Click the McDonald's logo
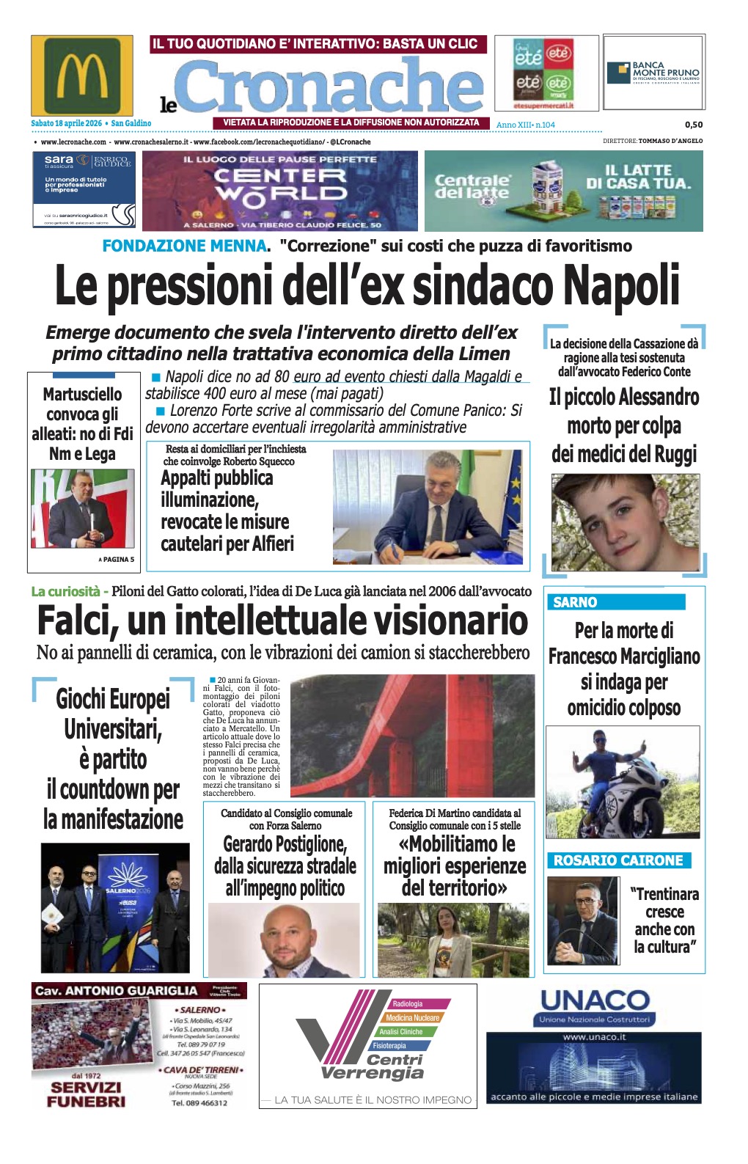point(82,76)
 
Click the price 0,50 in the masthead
point(693,125)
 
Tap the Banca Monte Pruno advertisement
point(653,73)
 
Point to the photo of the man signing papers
point(428,506)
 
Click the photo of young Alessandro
point(625,522)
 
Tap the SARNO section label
point(575,602)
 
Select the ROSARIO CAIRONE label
point(618,860)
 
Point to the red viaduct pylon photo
point(412,736)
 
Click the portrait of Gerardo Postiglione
point(285,940)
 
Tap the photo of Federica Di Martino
point(452,940)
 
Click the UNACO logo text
point(595,1000)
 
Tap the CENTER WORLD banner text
point(280,185)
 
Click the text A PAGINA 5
point(117,560)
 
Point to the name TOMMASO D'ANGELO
point(670,141)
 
